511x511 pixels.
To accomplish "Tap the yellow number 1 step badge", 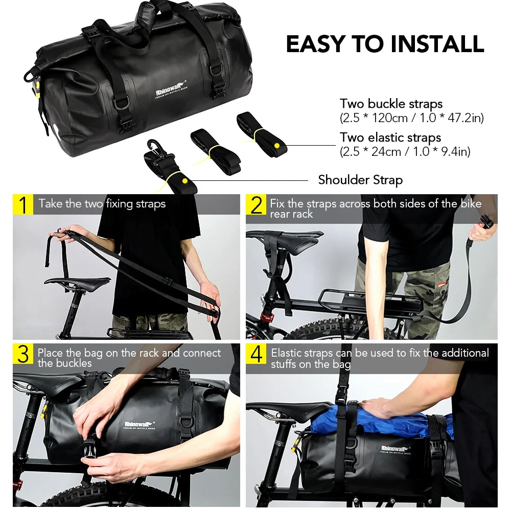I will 23,204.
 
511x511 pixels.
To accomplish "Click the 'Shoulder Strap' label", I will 360,180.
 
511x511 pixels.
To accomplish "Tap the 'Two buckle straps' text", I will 391,104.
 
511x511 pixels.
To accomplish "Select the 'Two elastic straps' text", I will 390,137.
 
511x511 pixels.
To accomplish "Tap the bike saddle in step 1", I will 77,282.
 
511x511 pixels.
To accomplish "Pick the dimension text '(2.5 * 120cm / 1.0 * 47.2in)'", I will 411,118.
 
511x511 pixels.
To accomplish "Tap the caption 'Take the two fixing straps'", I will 102,204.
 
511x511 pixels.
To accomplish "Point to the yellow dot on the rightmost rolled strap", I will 276,146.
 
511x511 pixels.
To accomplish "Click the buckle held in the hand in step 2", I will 486,222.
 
